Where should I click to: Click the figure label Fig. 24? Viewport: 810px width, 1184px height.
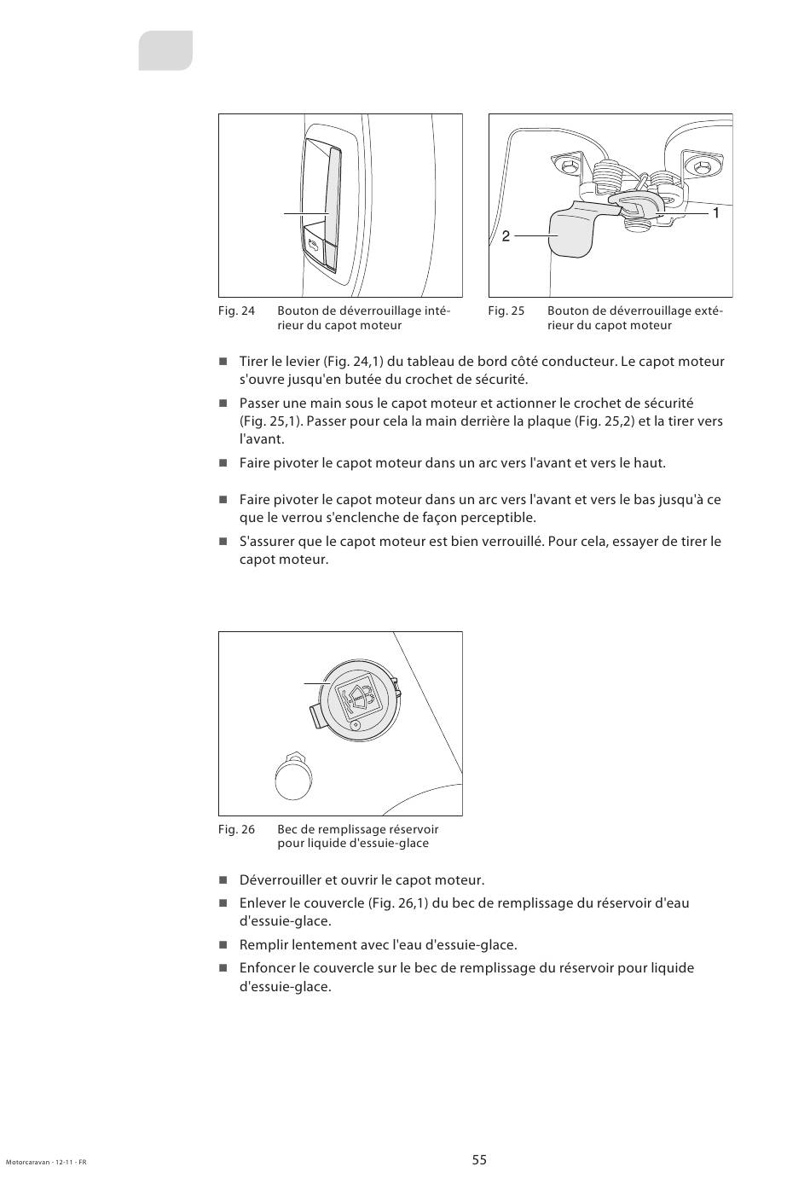(x=236, y=311)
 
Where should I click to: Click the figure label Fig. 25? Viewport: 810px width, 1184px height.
(x=506, y=311)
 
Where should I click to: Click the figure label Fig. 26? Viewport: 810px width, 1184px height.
(x=236, y=829)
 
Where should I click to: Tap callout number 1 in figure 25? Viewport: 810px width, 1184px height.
(x=716, y=213)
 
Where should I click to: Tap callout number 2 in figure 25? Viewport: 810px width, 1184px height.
(x=506, y=236)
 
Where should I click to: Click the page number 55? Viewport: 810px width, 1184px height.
(x=479, y=1160)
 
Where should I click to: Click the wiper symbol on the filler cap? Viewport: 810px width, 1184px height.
(x=356, y=698)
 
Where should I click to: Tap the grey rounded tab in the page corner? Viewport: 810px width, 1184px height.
(x=166, y=50)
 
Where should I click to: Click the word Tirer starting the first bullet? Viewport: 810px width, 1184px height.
(x=255, y=362)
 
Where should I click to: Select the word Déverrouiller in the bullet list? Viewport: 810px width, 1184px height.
(x=280, y=880)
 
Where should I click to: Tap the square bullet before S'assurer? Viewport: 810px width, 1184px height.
(x=223, y=542)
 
